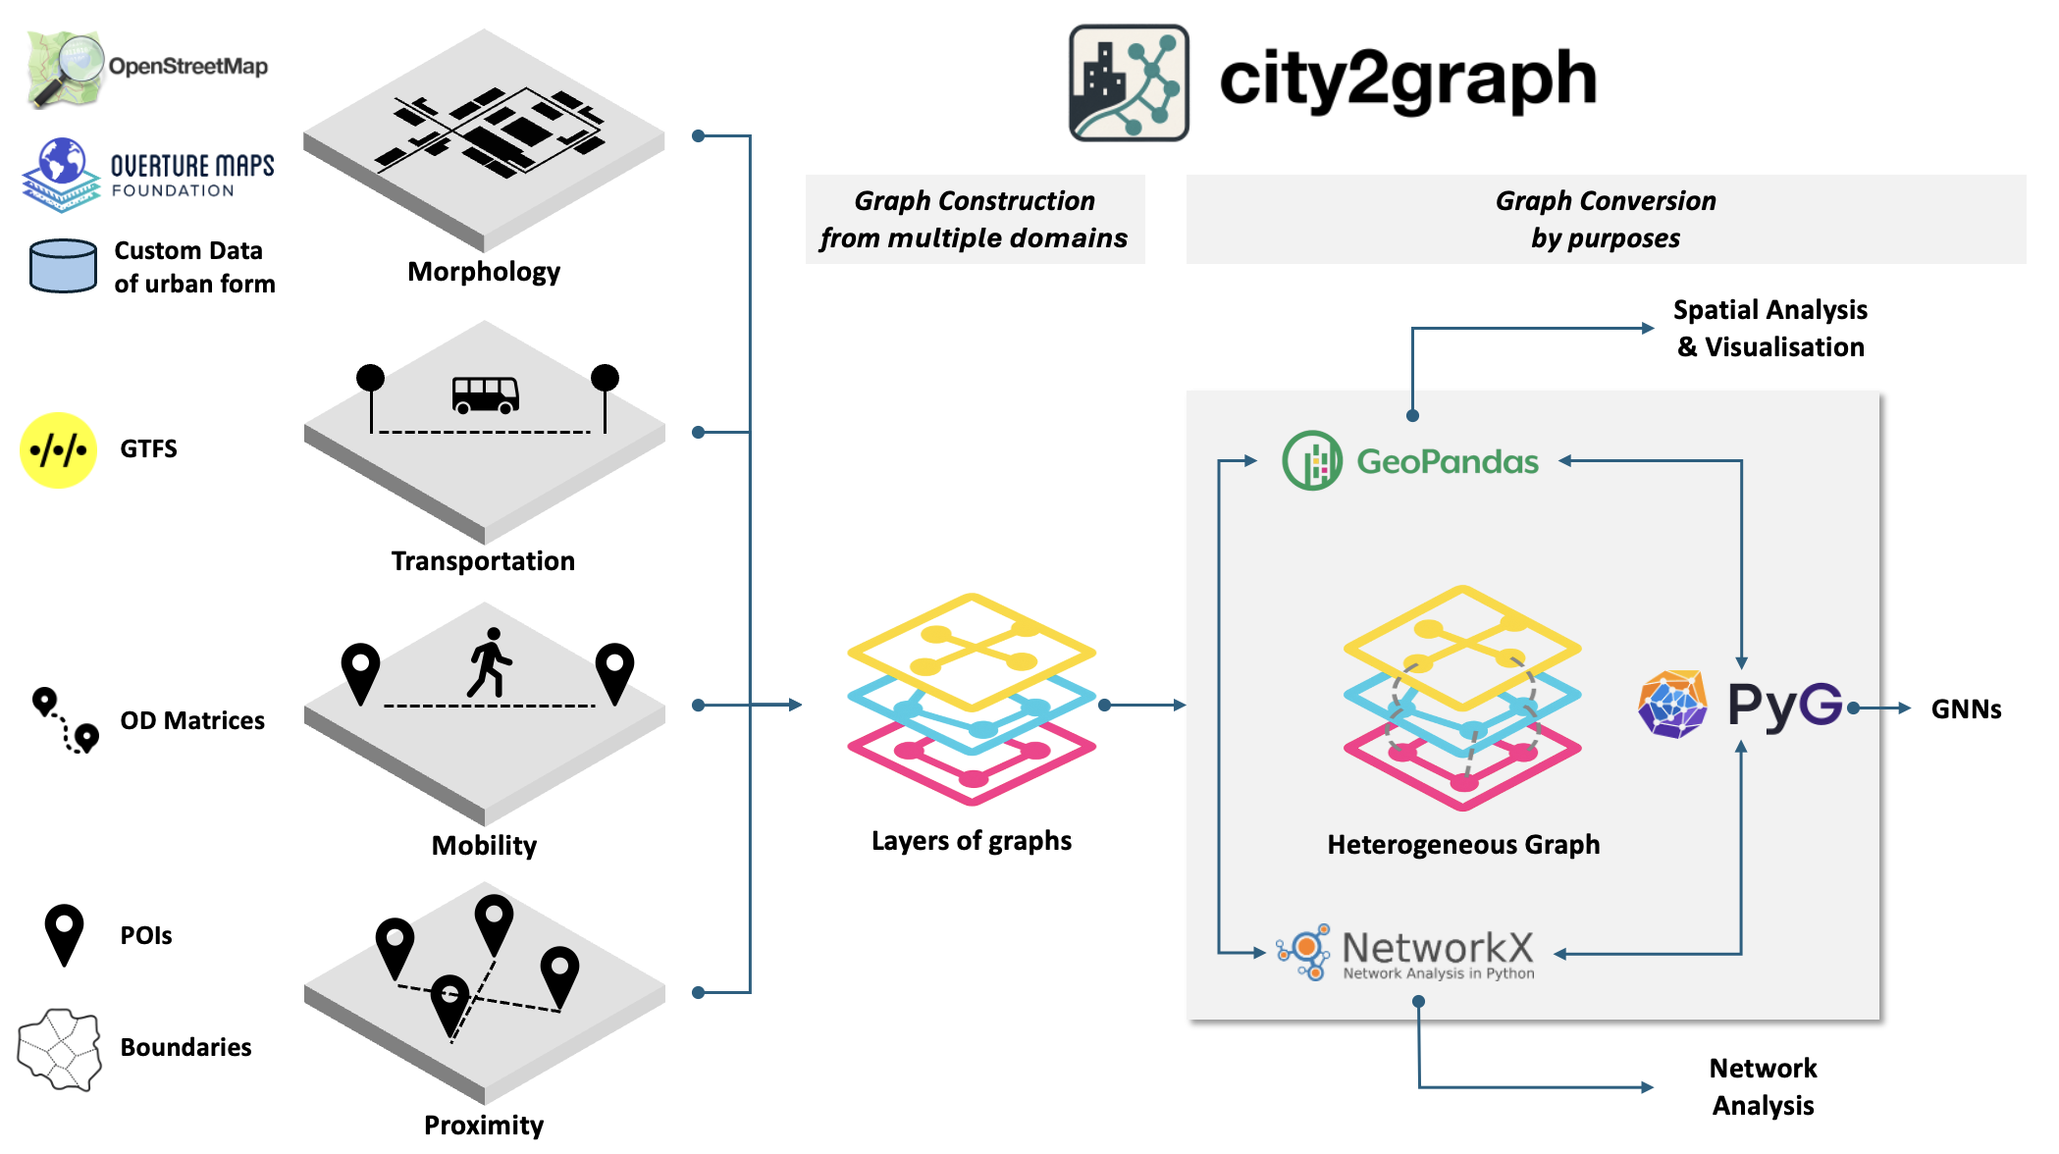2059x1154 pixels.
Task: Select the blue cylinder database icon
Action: pyautogui.click(x=63, y=266)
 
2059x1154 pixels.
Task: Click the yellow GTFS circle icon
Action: pyautogui.click(x=58, y=450)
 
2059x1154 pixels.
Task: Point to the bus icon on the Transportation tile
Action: pyautogui.click(x=485, y=394)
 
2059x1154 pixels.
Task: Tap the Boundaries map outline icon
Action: pyautogui.click(x=60, y=1049)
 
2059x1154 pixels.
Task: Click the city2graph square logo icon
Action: pyautogui.click(x=1129, y=83)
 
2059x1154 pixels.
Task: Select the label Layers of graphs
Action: pyautogui.click(x=971, y=841)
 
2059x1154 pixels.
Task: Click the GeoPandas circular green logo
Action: pyautogui.click(x=1311, y=460)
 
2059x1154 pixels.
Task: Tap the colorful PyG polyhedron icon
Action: pyautogui.click(x=1672, y=704)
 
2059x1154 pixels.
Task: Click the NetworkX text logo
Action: pyautogui.click(x=1437, y=948)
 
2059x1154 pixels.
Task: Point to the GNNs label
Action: pyautogui.click(x=1965, y=708)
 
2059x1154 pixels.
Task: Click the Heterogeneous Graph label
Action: pyautogui.click(x=1462, y=845)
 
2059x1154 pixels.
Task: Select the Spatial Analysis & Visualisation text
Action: pyautogui.click(x=1769, y=328)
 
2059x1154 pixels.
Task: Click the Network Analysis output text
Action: pyautogui.click(x=1763, y=1086)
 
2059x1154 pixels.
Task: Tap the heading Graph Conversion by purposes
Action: pyautogui.click(x=1605, y=219)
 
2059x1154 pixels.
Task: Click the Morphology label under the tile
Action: pyautogui.click(x=484, y=272)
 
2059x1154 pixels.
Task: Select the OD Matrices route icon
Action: pyautogui.click(x=66, y=719)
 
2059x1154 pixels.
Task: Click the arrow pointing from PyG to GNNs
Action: pyautogui.click(x=1884, y=708)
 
